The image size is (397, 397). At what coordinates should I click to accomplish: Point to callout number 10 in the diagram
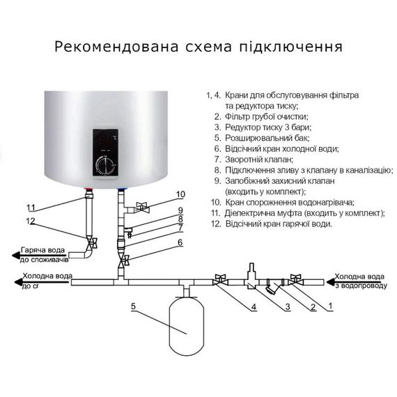[x=180, y=194]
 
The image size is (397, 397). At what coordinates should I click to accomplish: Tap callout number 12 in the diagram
[x=30, y=221]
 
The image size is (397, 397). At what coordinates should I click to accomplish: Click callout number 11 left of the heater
[x=30, y=208]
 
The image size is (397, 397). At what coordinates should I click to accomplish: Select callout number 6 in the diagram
[x=180, y=242]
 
